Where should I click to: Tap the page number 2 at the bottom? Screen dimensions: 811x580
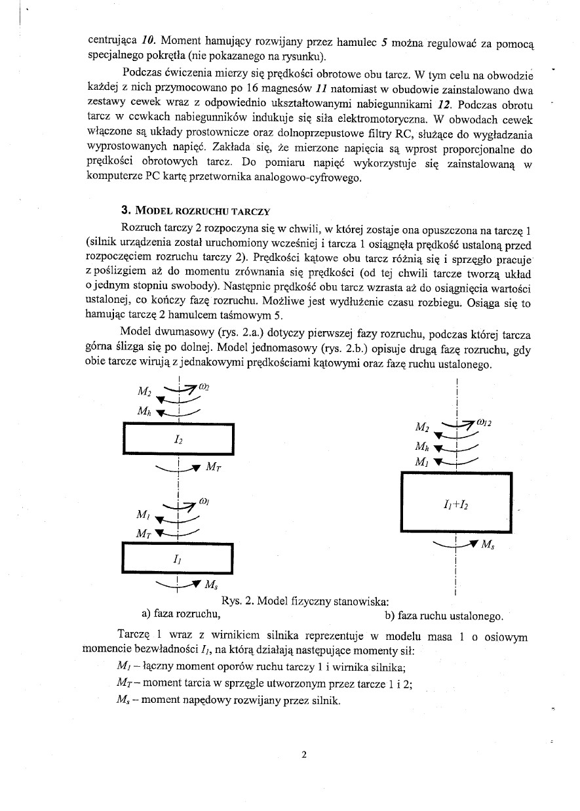304,754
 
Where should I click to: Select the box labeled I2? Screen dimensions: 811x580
178,440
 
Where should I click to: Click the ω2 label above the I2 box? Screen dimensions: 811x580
204,387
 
